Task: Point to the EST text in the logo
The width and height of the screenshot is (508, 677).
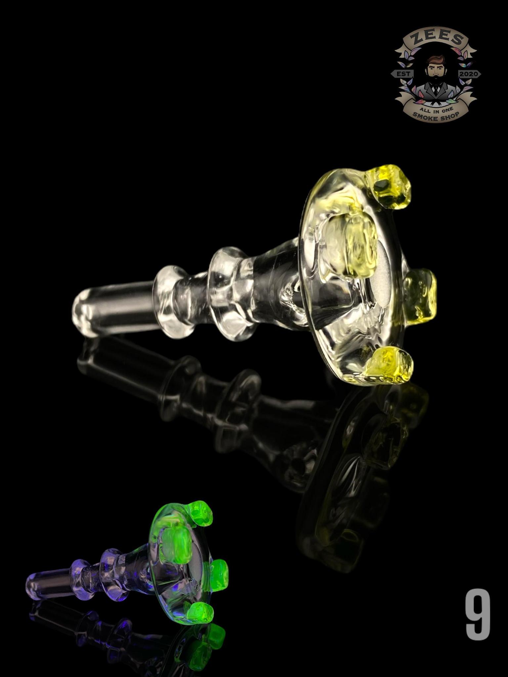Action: click(403, 74)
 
